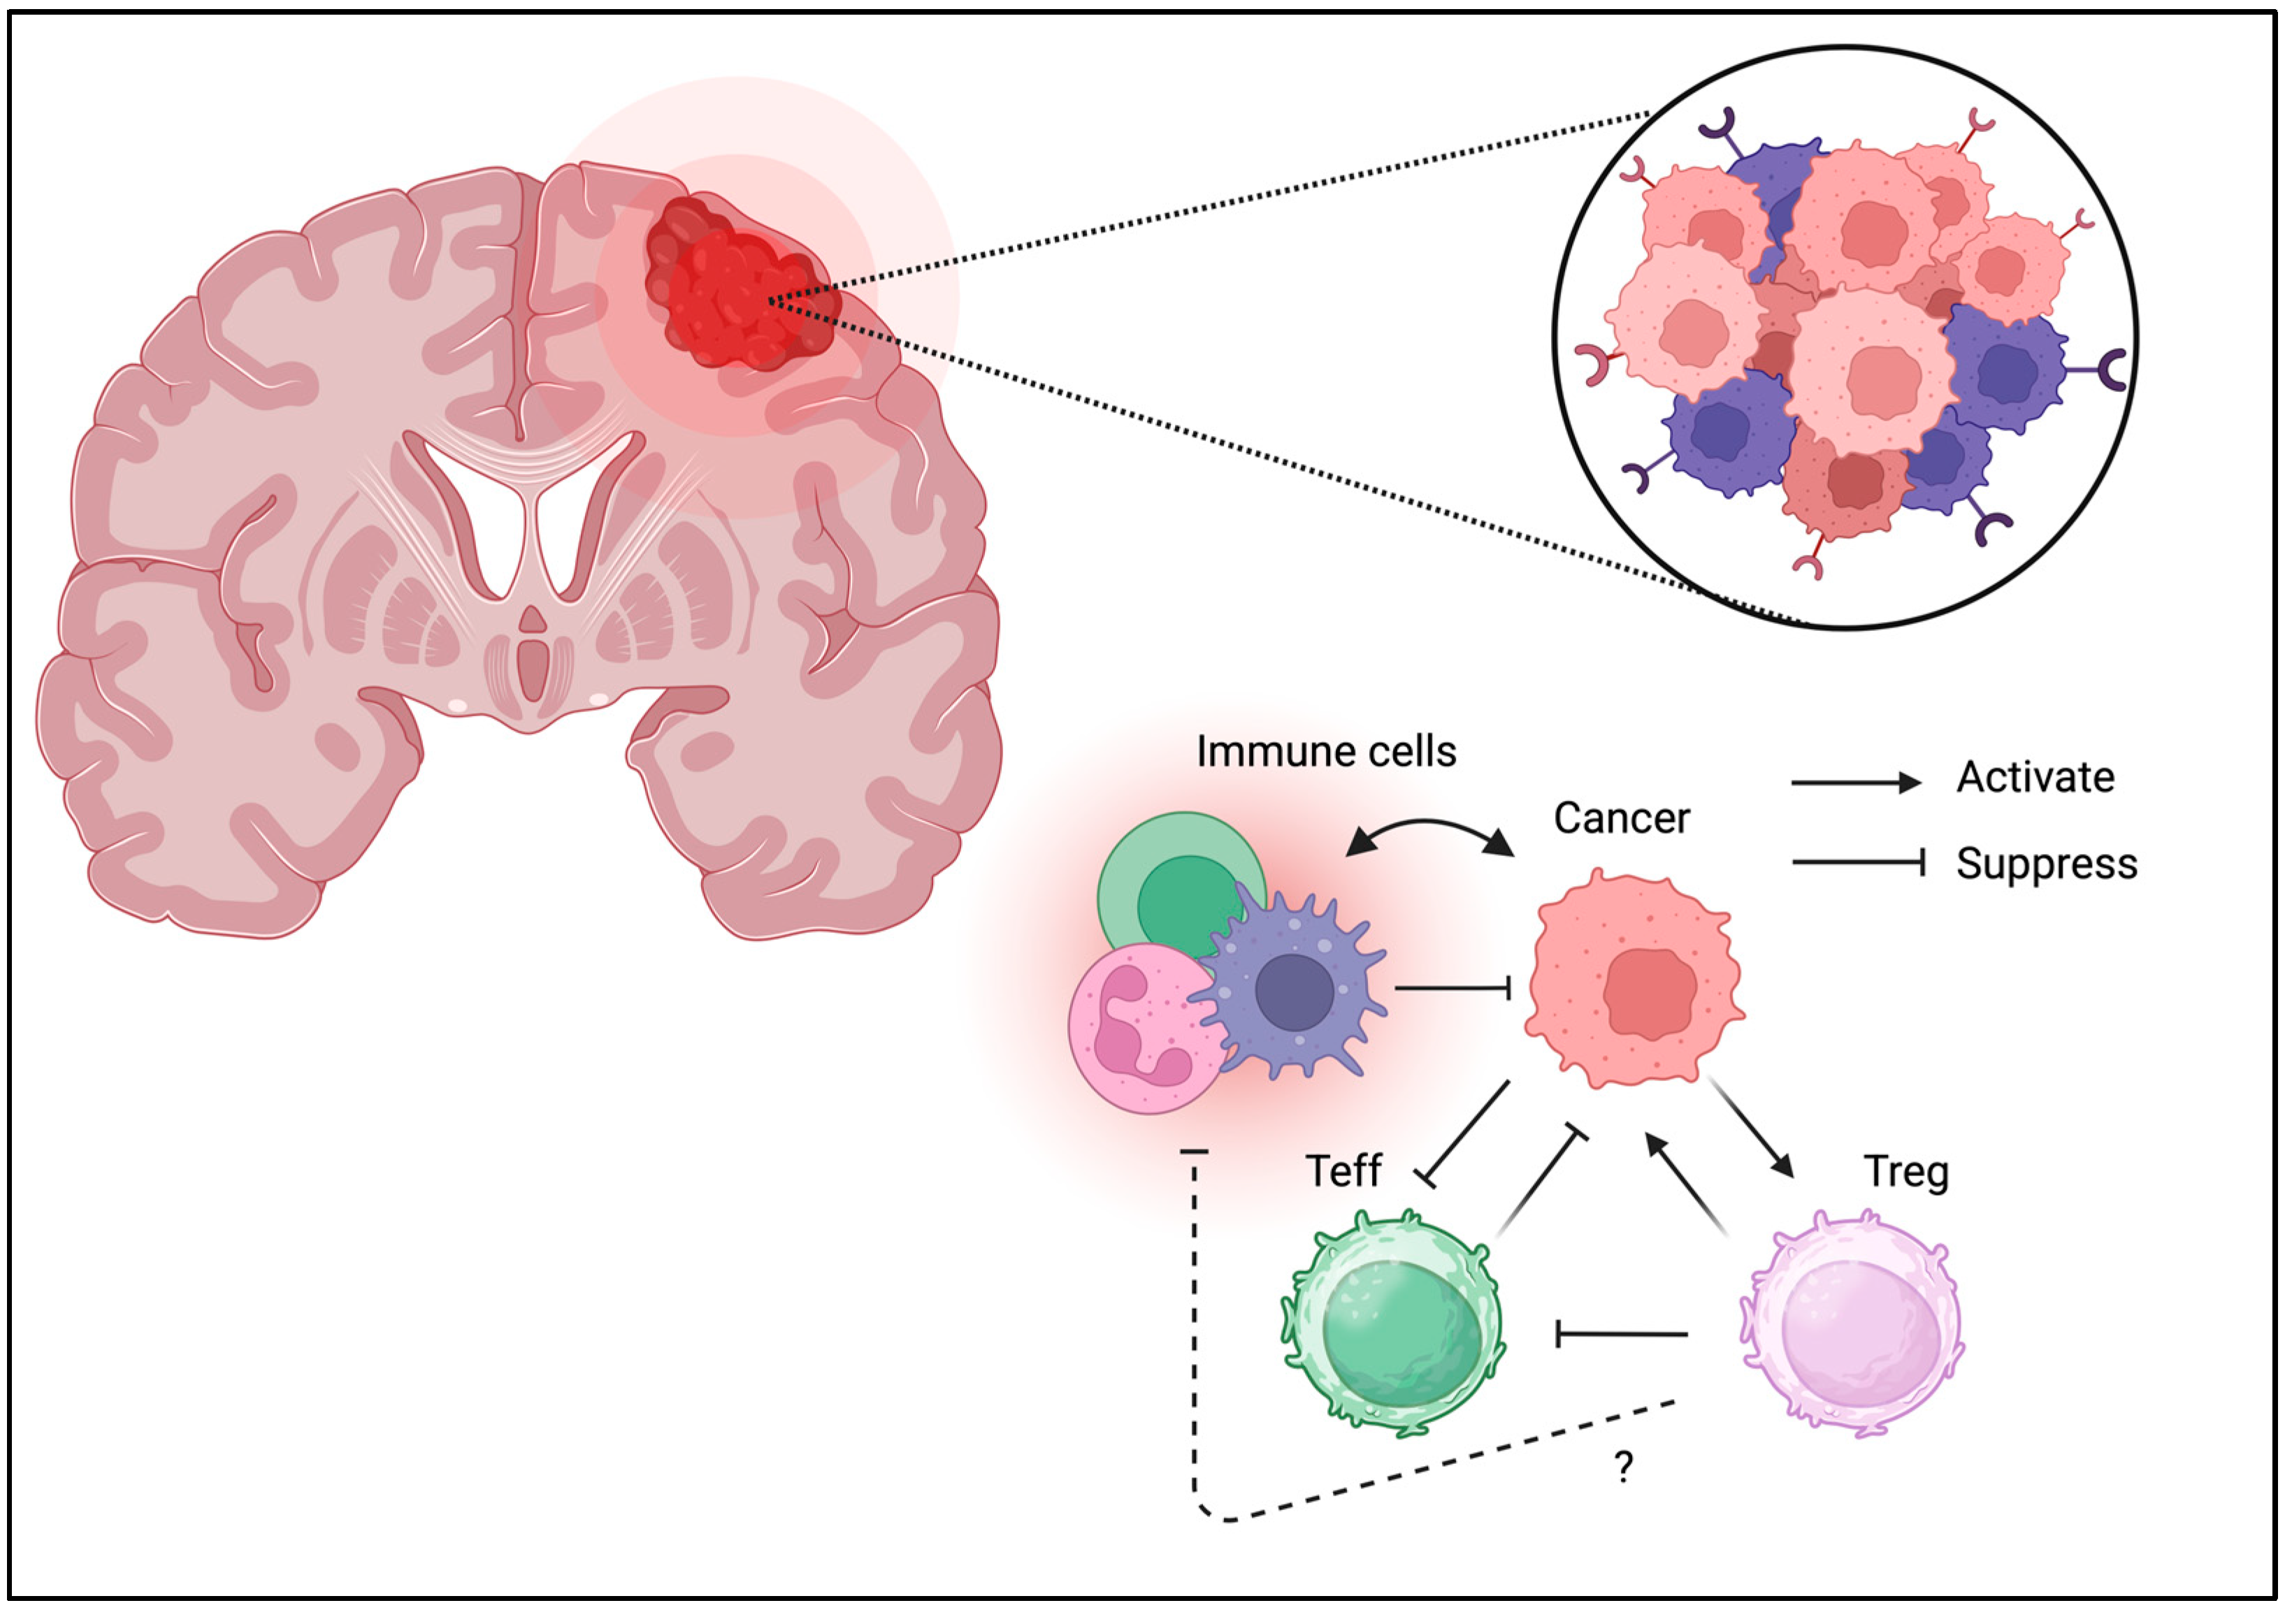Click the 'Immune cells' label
coord(1325,753)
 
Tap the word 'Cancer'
coord(1621,819)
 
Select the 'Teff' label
coord(1343,1171)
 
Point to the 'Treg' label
coord(1906,1172)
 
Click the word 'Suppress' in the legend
coord(2046,864)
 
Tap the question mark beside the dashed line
coord(1623,1467)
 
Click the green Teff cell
coord(1393,1323)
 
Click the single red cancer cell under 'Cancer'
coord(1634,980)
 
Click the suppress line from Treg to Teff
coord(1622,1333)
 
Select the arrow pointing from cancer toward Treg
coord(1752,1129)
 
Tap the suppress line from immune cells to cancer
coord(1453,988)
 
